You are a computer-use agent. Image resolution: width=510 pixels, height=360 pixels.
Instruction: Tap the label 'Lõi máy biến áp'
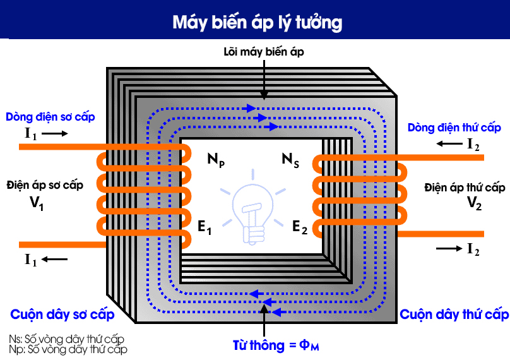click(x=263, y=52)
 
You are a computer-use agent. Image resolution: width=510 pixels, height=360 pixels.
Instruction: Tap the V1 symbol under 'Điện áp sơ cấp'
click(x=37, y=203)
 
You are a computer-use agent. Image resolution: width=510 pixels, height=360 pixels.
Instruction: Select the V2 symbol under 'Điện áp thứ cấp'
click(x=475, y=203)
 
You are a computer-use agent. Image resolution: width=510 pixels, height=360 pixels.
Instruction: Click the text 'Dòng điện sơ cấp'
click(x=50, y=117)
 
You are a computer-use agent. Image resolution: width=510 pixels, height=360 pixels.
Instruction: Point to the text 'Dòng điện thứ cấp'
click(x=454, y=128)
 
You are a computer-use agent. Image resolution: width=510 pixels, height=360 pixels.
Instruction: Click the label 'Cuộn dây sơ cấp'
click(x=62, y=315)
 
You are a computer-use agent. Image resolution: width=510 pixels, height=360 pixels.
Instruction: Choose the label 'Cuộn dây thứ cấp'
click(x=454, y=315)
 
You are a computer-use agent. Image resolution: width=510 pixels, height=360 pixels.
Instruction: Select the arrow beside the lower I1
click(x=55, y=259)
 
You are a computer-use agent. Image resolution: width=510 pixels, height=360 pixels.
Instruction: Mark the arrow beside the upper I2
click(x=449, y=144)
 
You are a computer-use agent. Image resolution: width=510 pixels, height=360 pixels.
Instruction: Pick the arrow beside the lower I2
click(x=449, y=249)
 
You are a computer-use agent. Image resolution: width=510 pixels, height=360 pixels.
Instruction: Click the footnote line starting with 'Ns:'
click(x=67, y=339)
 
